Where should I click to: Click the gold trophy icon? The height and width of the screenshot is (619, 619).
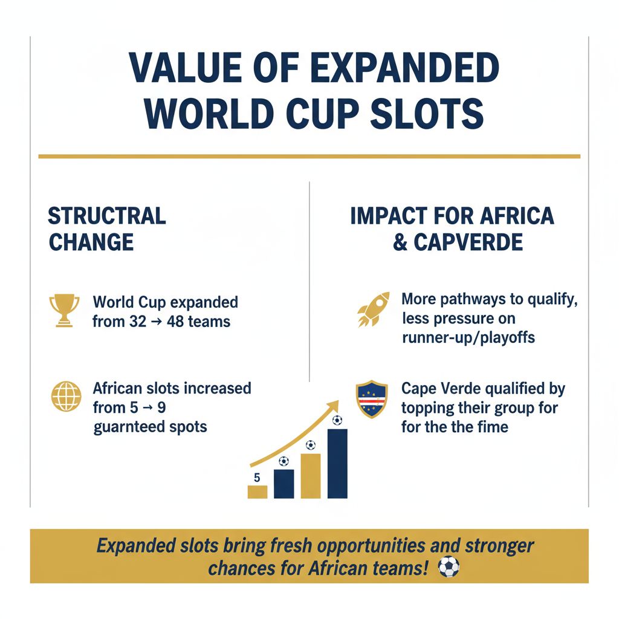64,310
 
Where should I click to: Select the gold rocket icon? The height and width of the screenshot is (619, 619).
372,309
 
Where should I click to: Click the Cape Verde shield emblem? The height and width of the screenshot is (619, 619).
372,400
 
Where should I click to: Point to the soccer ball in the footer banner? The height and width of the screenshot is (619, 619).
449,566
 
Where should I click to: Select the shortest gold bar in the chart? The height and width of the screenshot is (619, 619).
258,491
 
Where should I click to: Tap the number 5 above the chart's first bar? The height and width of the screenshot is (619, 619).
257,478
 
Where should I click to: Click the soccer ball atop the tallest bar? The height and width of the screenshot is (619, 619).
337,420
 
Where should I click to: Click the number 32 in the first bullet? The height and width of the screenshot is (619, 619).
137,322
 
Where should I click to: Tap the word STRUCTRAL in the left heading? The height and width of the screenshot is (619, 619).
107,216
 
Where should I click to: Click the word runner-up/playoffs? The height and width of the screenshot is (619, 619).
468,337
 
